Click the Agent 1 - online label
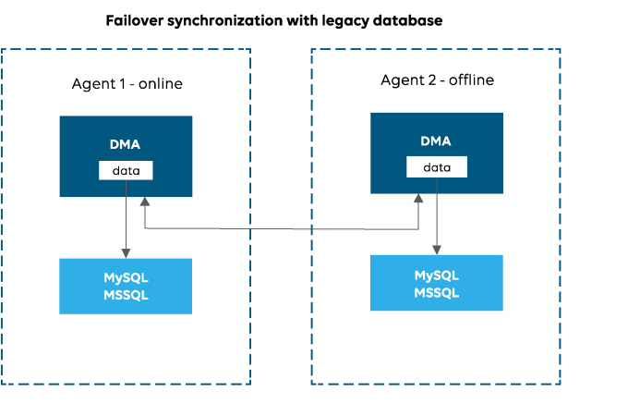(127, 84)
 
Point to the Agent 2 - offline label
(437, 80)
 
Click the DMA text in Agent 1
(126, 144)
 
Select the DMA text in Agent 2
(436, 141)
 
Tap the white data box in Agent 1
(126, 171)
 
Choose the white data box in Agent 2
(437, 167)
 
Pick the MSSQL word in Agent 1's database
(126, 295)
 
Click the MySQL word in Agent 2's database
(437, 275)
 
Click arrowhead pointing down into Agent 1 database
(126, 253)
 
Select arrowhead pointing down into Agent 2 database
(437, 250)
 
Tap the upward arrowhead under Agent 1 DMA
(144, 202)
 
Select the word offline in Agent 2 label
(471, 80)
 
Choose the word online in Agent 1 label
(161, 84)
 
